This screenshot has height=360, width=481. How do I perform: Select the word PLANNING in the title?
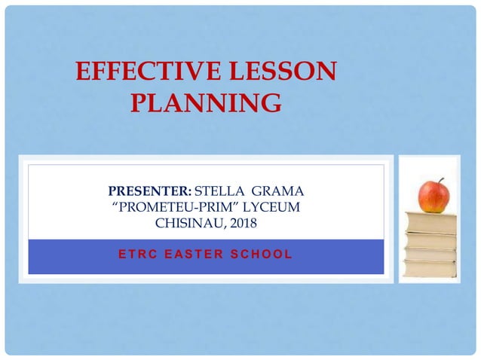click(x=206, y=103)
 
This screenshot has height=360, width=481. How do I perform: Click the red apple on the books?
click(x=433, y=197)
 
